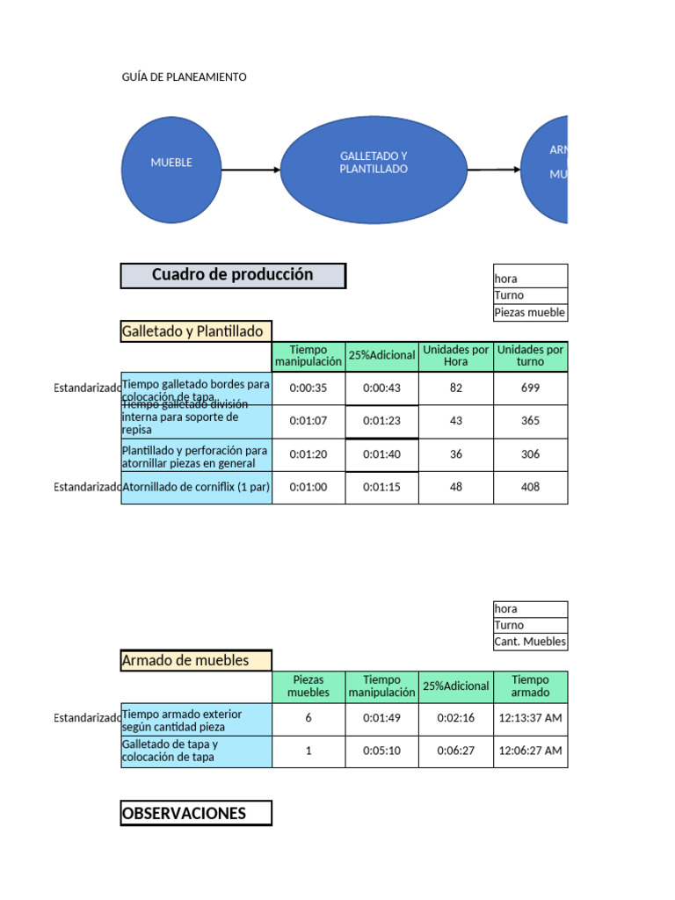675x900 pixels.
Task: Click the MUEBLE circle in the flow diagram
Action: [x=171, y=163]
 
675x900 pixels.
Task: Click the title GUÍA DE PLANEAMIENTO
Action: [x=184, y=77]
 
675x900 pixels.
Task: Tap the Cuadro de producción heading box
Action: [x=233, y=275]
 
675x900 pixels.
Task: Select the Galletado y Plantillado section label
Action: [x=196, y=331]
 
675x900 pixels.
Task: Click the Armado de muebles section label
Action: [x=196, y=660]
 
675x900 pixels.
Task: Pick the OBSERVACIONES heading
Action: [x=196, y=813]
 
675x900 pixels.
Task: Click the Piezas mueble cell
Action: [x=530, y=313]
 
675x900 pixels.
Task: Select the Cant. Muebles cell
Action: [x=530, y=642]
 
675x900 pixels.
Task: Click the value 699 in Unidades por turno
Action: [x=530, y=388]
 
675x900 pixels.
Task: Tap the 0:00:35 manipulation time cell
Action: [x=308, y=388]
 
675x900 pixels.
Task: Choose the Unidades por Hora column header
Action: [x=455, y=356]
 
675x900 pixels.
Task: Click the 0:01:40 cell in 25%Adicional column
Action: [x=381, y=454]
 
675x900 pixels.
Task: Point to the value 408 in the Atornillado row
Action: [x=530, y=487]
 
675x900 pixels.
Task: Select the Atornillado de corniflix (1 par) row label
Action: [x=196, y=487]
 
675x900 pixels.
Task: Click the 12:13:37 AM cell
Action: [x=530, y=718]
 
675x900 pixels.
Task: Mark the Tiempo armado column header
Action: [x=530, y=686]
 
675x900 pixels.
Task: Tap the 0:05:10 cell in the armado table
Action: [x=381, y=751]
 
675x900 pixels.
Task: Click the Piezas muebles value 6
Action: [x=308, y=718]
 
